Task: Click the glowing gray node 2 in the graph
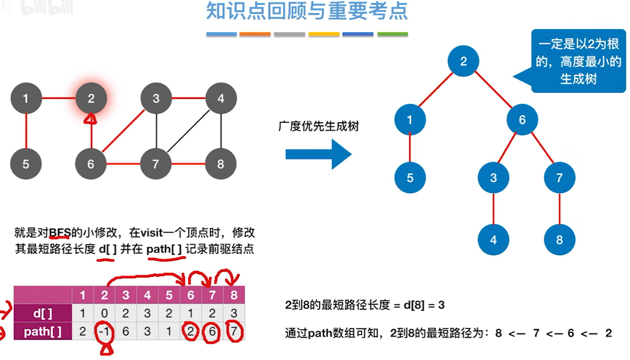point(91,98)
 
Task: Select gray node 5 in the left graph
point(26,164)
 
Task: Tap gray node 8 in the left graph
point(220,164)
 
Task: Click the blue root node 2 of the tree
point(464,61)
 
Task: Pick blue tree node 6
point(522,120)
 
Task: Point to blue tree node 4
point(493,240)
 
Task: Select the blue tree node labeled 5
point(410,178)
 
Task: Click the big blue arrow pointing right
point(318,154)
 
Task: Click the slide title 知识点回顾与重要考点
point(307,12)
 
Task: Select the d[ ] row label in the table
point(43,314)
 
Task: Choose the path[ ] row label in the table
point(43,331)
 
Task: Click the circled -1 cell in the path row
point(104,332)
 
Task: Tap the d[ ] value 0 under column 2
point(104,314)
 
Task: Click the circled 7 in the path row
point(234,332)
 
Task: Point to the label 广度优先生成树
point(318,126)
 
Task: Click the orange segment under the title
point(255,34)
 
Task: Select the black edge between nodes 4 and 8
point(221,131)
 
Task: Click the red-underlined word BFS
point(59,232)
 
